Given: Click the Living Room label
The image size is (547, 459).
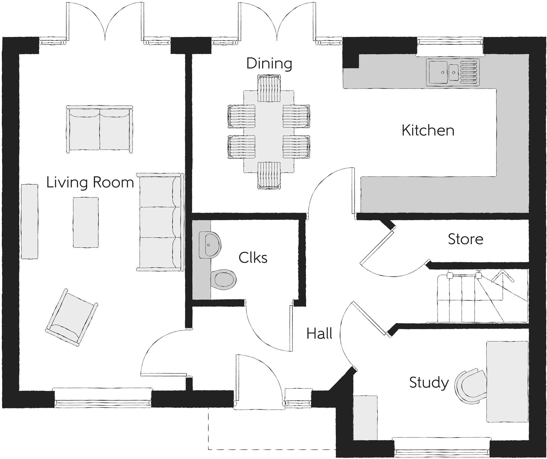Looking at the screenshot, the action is click(x=90, y=182).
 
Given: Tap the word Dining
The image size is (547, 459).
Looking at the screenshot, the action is click(x=269, y=64).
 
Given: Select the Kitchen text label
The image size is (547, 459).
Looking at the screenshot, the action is click(x=428, y=130).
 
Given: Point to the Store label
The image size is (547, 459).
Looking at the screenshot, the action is click(x=465, y=239).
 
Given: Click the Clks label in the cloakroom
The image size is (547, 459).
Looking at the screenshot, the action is click(x=253, y=257).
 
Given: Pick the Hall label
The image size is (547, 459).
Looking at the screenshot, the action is click(x=319, y=334).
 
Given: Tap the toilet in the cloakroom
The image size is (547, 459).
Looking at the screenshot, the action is click(x=223, y=279).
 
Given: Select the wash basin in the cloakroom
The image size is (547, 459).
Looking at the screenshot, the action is click(x=209, y=245).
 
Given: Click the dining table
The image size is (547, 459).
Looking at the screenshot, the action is click(x=269, y=131).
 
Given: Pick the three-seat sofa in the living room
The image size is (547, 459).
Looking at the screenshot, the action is click(x=160, y=222).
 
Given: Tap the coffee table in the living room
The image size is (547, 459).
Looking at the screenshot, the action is click(x=86, y=222).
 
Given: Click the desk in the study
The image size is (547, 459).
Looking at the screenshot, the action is click(x=507, y=381).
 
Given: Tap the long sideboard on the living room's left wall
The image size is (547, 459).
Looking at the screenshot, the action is click(x=30, y=221).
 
